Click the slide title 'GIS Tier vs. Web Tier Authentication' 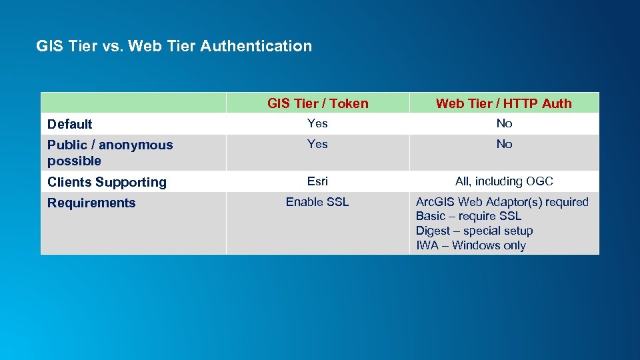[x=174, y=46]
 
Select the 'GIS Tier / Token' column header [x=317, y=103]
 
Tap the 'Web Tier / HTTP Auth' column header [x=503, y=103]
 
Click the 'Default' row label [x=70, y=124]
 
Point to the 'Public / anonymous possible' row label [x=110, y=153]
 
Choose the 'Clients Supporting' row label [x=107, y=182]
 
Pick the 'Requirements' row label [x=91, y=203]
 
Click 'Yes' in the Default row [x=317, y=123]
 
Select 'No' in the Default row [x=504, y=123]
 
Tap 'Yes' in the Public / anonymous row [x=317, y=144]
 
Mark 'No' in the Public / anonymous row [x=504, y=144]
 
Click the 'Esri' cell [x=317, y=181]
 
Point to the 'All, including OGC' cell [x=504, y=181]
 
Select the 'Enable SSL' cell [x=317, y=202]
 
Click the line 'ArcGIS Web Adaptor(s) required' [x=502, y=202]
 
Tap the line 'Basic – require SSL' [x=469, y=216]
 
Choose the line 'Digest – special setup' [x=474, y=231]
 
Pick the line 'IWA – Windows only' [x=471, y=245]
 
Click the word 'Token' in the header [x=349, y=103]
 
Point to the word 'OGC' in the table [x=539, y=181]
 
